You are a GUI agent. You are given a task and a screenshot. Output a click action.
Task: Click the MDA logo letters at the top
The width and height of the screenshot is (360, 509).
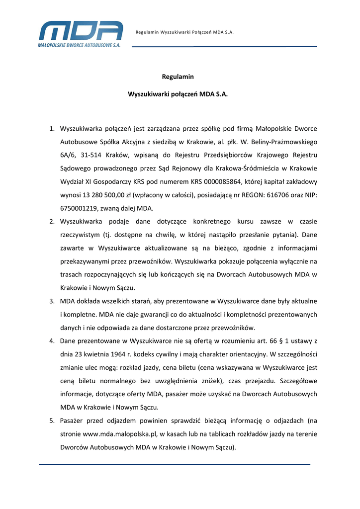click(81, 31)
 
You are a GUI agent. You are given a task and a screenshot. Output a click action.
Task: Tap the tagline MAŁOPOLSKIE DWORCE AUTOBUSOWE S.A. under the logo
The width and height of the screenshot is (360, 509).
click(79, 45)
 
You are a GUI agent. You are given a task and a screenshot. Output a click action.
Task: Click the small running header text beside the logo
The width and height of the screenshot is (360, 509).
click(184, 32)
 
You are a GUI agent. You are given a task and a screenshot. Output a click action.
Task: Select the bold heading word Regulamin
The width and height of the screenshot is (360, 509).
click(178, 77)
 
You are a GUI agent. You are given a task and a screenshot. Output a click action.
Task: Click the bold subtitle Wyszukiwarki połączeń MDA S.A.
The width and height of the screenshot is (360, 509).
click(178, 94)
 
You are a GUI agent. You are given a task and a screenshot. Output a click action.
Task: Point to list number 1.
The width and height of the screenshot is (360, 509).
click(51, 129)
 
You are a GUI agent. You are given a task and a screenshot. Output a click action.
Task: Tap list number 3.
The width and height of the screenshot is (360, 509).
click(51, 302)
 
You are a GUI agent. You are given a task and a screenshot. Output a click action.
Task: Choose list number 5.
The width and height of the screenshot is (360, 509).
click(51, 421)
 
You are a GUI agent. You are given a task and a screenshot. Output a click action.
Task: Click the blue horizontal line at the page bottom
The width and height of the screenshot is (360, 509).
click(174, 464)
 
